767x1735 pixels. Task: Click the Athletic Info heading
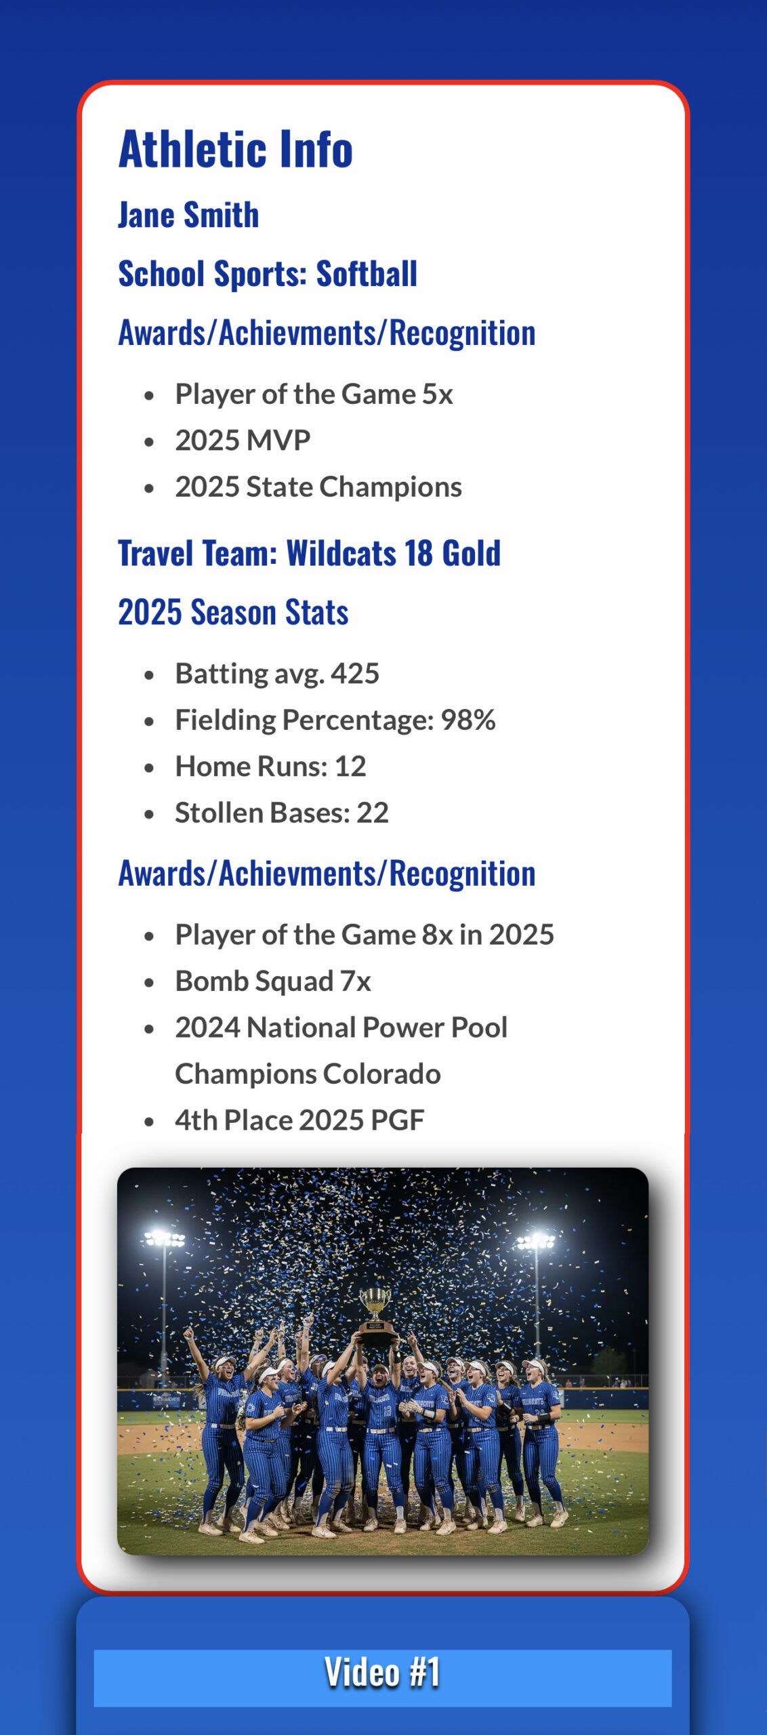(236, 149)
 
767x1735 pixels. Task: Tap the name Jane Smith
(188, 215)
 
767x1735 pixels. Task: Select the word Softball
(367, 274)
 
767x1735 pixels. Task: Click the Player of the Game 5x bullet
(314, 394)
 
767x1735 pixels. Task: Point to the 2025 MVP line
(243, 441)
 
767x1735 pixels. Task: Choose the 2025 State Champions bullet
(318, 487)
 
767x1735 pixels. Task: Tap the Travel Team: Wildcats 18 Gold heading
(309, 553)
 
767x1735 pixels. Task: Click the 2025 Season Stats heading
(233, 612)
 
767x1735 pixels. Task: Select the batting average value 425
(355, 674)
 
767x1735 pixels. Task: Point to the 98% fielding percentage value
(468, 720)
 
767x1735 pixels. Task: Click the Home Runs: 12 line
(270, 767)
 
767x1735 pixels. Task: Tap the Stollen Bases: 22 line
(282, 813)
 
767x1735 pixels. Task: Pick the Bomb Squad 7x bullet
(273, 981)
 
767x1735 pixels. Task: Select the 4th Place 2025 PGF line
(299, 1120)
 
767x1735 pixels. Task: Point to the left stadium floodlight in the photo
(164, 1240)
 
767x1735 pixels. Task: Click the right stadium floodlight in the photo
(535, 1241)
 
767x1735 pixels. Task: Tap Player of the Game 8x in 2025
(365, 935)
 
